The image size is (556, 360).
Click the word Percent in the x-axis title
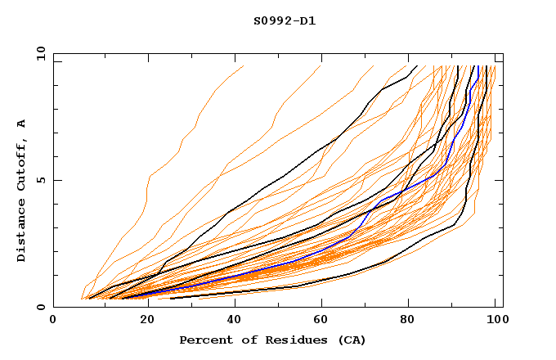pos(205,340)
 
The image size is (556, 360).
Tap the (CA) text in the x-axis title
pos(350,340)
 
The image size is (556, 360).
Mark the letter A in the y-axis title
pos(22,123)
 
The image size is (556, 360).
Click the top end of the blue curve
pos(478,66)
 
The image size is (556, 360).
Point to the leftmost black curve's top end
pos(417,66)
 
